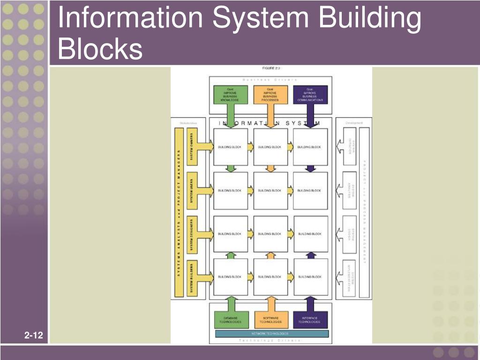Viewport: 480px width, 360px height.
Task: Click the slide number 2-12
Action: (x=34, y=336)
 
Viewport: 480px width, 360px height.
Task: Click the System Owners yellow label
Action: (x=191, y=147)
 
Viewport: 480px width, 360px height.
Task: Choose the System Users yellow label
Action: (x=191, y=190)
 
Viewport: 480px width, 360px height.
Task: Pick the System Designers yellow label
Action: (x=191, y=233)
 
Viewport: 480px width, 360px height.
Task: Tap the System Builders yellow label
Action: (x=191, y=277)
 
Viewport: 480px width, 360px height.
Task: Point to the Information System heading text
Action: (x=270, y=123)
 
